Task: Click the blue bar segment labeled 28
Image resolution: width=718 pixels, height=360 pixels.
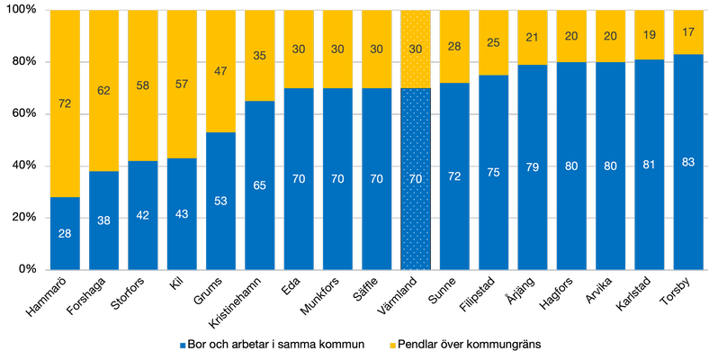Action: pyautogui.click(x=65, y=233)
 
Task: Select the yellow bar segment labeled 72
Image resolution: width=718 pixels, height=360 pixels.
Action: pyautogui.click(x=65, y=103)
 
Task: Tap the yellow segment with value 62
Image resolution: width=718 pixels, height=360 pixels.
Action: pyautogui.click(x=103, y=91)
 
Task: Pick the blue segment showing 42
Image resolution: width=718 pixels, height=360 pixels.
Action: pyautogui.click(x=142, y=215)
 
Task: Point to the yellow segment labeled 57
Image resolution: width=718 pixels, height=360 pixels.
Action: pyautogui.click(x=182, y=85)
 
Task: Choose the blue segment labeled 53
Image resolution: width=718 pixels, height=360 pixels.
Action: pyautogui.click(x=220, y=201)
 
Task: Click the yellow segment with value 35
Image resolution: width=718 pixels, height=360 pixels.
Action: pyautogui.click(x=260, y=56)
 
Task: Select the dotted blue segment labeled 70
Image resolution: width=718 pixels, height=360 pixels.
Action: pyautogui.click(x=416, y=179)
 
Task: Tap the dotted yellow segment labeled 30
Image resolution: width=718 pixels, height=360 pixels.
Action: pyautogui.click(x=416, y=49)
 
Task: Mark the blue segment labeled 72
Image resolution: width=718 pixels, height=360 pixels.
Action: pyautogui.click(x=454, y=176)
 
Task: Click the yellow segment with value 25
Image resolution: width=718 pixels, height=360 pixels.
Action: pyautogui.click(x=493, y=43)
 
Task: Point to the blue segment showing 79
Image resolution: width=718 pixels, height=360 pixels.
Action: pyautogui.click(x=533, y=167)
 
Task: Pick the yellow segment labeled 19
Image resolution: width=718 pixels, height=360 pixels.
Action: pyautogui.click(x=650, y=35)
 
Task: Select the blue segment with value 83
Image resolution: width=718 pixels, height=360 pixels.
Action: pyautogui.click(x=688, y=162)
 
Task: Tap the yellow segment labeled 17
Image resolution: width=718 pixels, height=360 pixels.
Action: pyautogui.click(x=688, y=32)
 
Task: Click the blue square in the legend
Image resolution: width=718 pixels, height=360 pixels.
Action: pyautogui.click(x=183, y=346)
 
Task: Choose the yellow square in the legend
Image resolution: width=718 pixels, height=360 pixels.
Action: pyautogui.click(x=392, y=346)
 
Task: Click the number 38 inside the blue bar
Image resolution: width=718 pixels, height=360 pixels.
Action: pyautogui.click(x=103, y=220)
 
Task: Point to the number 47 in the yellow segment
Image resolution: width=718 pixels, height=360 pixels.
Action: pyautogui.click(x=220, y=71)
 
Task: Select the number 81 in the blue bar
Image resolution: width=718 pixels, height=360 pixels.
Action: pyautogui.click(x=650, y=165)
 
